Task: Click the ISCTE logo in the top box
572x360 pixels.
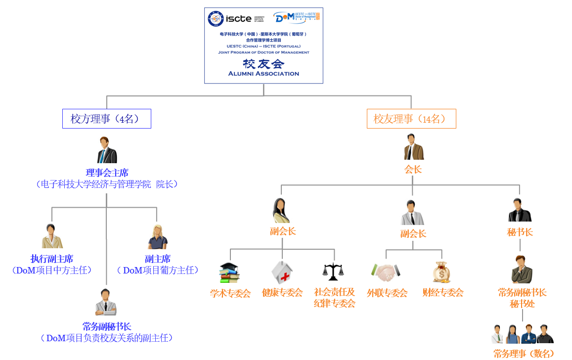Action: [235, 19]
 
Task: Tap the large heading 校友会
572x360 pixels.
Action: [264, 64]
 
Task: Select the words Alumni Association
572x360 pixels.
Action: [264, 74]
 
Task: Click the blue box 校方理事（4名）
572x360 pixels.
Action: [106, 119]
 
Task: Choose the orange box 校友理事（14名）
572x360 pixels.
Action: [411, 119]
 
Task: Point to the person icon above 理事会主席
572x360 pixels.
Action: [107, 150]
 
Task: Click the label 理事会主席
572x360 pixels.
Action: [107, 173]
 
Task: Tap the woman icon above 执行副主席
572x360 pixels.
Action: [51, 236]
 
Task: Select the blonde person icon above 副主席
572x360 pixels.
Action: [158, 237]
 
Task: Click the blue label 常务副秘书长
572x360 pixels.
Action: [107, 326]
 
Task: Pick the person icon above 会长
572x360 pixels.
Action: [413, 147]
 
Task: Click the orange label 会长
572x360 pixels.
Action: [413, 170]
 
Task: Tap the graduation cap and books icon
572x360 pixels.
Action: [230, 273]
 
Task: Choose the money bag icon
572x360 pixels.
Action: [441, 272]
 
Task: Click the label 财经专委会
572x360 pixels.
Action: [443, 293]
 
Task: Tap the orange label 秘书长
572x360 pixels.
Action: [520, 232]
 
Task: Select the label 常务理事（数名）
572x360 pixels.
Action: [524, 354]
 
